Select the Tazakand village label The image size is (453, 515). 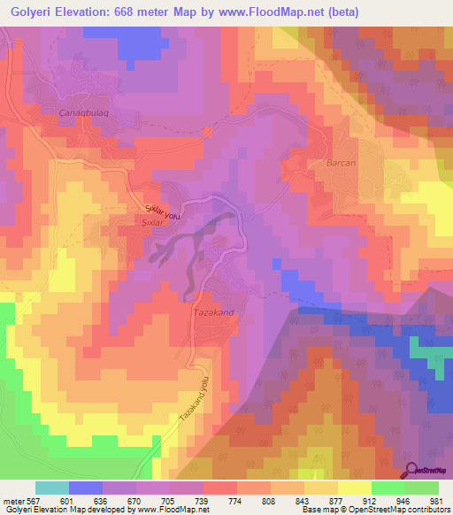pyautogui.click(x=211, y=312)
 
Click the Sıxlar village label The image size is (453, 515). pyautogui.click(x=154, y=224)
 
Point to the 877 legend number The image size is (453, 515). pyautogui.click(x=337, y=500)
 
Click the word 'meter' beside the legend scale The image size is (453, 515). pyautogui.click(x=13, y=500)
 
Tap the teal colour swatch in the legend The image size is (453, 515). pyautogui.click(x=51, y=488)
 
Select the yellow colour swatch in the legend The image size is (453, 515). pyautogui.click(x=354, y=488)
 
